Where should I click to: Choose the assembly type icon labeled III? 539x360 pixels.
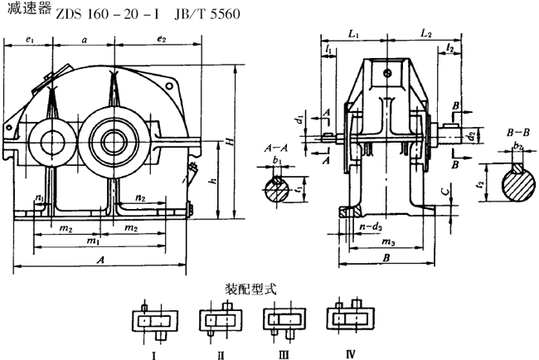[x=283, y=319]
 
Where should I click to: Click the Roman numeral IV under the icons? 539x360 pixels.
[x=351, y=354]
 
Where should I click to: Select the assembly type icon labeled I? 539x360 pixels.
[x=154, y=319]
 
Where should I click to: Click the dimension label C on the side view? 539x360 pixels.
[x=446, y=197]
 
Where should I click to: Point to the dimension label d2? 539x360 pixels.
[x=469, y=133]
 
